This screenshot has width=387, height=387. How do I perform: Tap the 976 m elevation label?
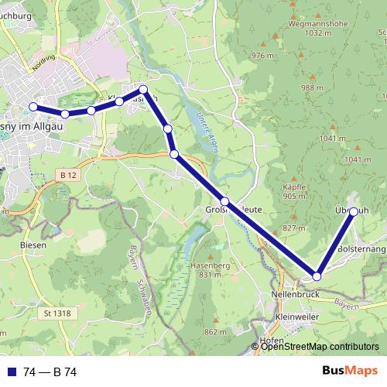coord(263,57)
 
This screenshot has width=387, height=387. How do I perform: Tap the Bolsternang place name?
coord(361,250)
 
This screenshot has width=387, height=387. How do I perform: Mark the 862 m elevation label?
coord(216,332)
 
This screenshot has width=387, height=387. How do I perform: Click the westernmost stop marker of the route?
coord(33,107)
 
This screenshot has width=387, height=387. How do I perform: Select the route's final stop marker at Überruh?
coord(354,211)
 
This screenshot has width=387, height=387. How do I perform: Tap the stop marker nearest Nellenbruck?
coord(317,276)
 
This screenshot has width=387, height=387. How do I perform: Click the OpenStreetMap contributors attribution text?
coord(320,348)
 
